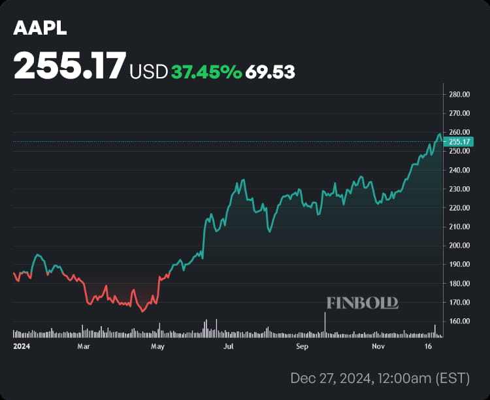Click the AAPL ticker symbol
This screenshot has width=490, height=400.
[x=40, y=29]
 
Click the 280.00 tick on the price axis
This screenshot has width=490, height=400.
[x=460, y=94]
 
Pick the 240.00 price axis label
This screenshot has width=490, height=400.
[x=460, y=170]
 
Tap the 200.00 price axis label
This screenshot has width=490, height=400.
[x=460, y=246]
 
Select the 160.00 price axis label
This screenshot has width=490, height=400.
[x=460, y=322]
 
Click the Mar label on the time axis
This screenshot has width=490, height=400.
[x=83, y=345]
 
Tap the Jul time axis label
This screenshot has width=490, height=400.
[x=229, y=345]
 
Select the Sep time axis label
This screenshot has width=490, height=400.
[x=302, y=345]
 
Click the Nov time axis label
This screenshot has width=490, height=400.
[x=376, y=345]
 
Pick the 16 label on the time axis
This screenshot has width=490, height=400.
[x=429, y=345]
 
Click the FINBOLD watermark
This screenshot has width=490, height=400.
[x=362, y=303]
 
